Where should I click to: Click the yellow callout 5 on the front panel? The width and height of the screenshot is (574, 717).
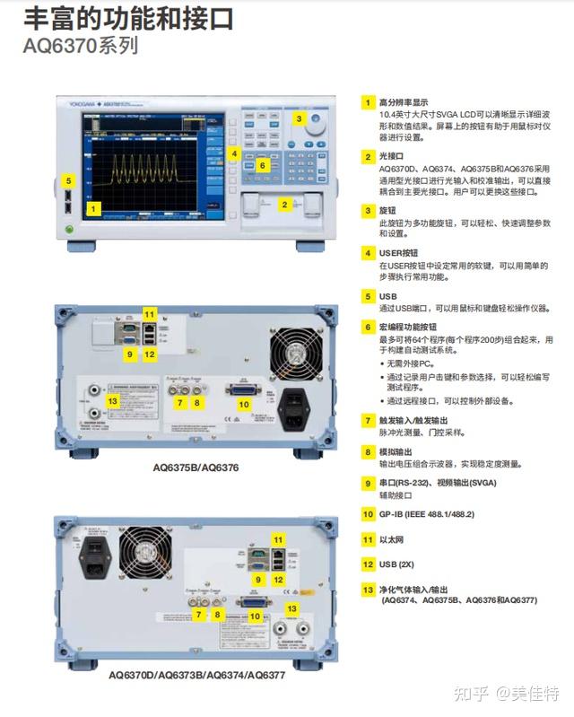click(x=68, y=180)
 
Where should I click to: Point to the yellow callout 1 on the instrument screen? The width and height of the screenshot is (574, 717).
click(x=95, y=208)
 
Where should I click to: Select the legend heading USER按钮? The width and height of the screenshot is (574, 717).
click(x=399, y=253)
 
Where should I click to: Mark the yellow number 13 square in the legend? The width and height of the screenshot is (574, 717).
click(x=368, y=590)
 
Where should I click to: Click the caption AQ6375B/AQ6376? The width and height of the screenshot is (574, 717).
click(x=196, y=468)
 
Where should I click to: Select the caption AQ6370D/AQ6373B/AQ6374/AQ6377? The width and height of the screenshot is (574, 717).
click(x=197, y=674)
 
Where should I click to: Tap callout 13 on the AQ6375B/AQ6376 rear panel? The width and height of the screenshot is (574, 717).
click(x=112, y=400)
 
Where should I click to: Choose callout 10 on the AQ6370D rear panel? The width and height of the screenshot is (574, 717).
click(x=255, y=616)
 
